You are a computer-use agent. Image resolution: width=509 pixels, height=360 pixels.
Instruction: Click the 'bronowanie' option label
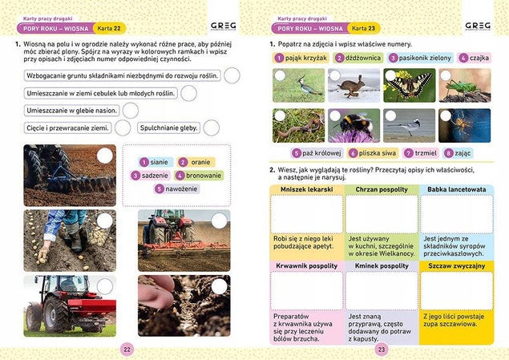204,175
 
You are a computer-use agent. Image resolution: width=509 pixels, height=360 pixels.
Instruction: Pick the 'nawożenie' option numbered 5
182,188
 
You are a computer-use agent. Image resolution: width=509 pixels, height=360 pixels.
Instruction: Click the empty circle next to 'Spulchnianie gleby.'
211,127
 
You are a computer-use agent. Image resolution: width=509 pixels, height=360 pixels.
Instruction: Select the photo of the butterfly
410,84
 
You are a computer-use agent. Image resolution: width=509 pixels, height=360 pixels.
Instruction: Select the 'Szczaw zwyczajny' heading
457,265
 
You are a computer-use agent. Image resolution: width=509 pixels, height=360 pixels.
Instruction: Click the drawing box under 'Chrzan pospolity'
382,214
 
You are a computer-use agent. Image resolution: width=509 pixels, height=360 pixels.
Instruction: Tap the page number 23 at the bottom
382,349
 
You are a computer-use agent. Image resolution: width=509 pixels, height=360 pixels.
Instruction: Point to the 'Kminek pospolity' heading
382,265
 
